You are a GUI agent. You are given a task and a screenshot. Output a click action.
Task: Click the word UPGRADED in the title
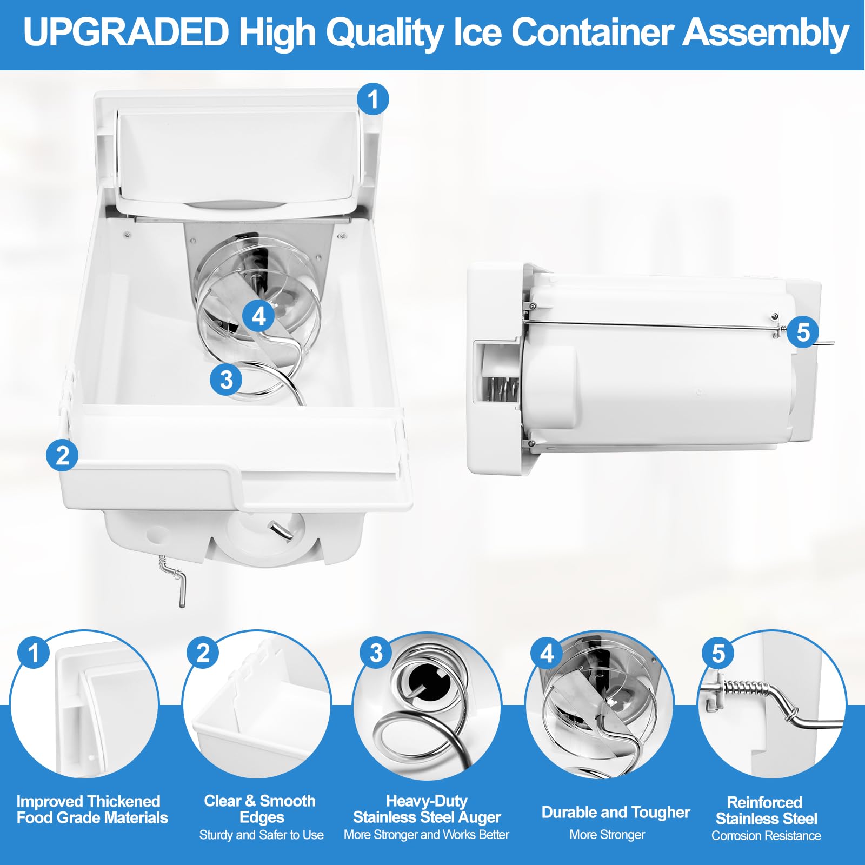[x=125, y=32]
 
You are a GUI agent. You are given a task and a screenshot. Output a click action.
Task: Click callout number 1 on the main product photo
[x=373, y=99]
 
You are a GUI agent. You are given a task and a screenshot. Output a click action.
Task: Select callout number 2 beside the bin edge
[x=62, y=455]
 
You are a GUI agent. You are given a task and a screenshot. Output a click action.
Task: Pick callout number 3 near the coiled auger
[x=227, y=379]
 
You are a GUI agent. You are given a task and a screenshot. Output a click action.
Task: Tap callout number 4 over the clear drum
[x=259, y=316]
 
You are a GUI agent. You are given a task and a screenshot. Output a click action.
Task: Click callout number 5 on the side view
[x=803, y=331]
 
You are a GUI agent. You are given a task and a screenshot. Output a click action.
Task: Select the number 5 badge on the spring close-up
[x=717, y=653]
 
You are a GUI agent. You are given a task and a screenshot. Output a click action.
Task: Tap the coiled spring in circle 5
[x=746, y=688]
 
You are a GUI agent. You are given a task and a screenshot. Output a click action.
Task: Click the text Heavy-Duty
[x=427, y=801]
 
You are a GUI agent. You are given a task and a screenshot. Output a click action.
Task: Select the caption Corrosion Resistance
[x=766, y=836]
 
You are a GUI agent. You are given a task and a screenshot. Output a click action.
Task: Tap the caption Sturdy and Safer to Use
[x=261, y=835]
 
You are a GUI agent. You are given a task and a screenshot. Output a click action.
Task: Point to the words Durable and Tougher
[x=615, y=813]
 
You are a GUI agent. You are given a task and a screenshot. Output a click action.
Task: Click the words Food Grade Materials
[x=92, y=818]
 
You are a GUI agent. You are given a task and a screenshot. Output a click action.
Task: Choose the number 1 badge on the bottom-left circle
[x=34, y=652]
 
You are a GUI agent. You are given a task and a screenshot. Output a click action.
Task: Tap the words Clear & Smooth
[x=259, y=801]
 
